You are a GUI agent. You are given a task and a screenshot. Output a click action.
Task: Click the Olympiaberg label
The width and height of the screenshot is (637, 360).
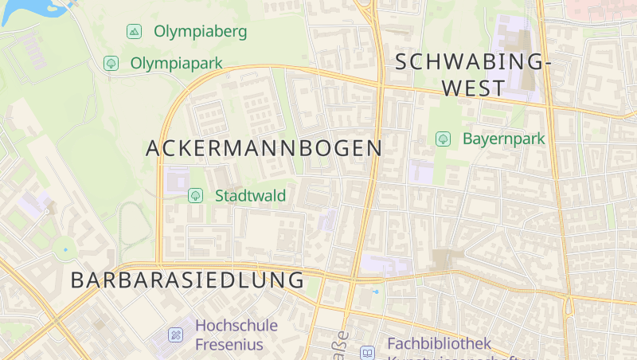tap(200, 32)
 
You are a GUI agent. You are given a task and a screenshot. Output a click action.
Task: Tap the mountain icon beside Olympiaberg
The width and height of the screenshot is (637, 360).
tap(134, 32)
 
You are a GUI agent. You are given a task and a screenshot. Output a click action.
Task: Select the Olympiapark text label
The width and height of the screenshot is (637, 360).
tap(176, 62)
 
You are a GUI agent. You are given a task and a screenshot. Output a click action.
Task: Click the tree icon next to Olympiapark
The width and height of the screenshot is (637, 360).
tap(111, 62)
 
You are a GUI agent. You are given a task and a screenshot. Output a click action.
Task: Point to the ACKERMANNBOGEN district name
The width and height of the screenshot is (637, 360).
tap(264, 148)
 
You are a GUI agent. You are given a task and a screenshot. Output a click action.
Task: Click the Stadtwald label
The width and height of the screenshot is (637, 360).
tap(250, 195)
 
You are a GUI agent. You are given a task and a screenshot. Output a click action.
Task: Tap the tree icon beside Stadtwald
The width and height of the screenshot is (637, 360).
tap(195, 195)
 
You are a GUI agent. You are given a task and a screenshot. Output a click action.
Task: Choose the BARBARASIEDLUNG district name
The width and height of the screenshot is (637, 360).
tap(188, 280)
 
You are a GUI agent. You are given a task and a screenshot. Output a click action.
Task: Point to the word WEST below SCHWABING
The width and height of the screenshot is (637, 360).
tap(473, 88)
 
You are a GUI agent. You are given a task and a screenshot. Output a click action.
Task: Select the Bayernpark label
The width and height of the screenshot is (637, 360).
tap(504, 139)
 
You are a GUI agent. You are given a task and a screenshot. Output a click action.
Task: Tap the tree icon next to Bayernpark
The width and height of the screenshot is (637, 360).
tap(443, 139)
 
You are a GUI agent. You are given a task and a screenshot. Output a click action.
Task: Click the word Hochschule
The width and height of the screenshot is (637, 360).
tap(236, 325)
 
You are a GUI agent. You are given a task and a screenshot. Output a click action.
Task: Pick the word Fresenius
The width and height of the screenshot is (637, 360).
tap(229, 345)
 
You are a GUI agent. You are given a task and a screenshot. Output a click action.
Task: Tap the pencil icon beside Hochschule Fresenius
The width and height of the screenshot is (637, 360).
tap(175, 335)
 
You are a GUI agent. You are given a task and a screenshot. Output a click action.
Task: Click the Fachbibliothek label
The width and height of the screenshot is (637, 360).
tap(439, 344)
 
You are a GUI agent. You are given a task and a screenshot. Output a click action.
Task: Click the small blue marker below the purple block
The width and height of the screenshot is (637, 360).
tap(376, 292)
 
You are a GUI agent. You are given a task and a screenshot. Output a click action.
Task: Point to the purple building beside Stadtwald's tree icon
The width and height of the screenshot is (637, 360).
tap(177, 180)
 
